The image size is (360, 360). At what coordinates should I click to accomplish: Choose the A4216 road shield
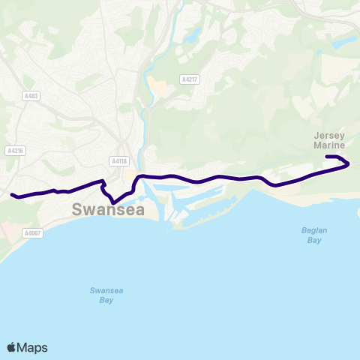point(15,151)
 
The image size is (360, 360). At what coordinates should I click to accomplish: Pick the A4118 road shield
point(118,161)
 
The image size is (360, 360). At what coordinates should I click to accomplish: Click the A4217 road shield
point(189,79)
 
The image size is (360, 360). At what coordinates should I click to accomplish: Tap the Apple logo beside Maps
point(11,347)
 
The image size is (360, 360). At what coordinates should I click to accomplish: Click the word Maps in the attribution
point(32,347)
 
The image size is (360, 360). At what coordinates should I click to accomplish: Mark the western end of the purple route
point(12,195)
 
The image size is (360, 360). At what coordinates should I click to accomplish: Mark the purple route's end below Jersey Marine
point(326,157)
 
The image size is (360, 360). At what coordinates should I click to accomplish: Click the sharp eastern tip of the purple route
point(349,164)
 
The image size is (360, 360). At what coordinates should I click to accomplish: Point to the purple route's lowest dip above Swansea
point(112,202)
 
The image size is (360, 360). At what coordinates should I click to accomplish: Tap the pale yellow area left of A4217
point(159,86)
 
